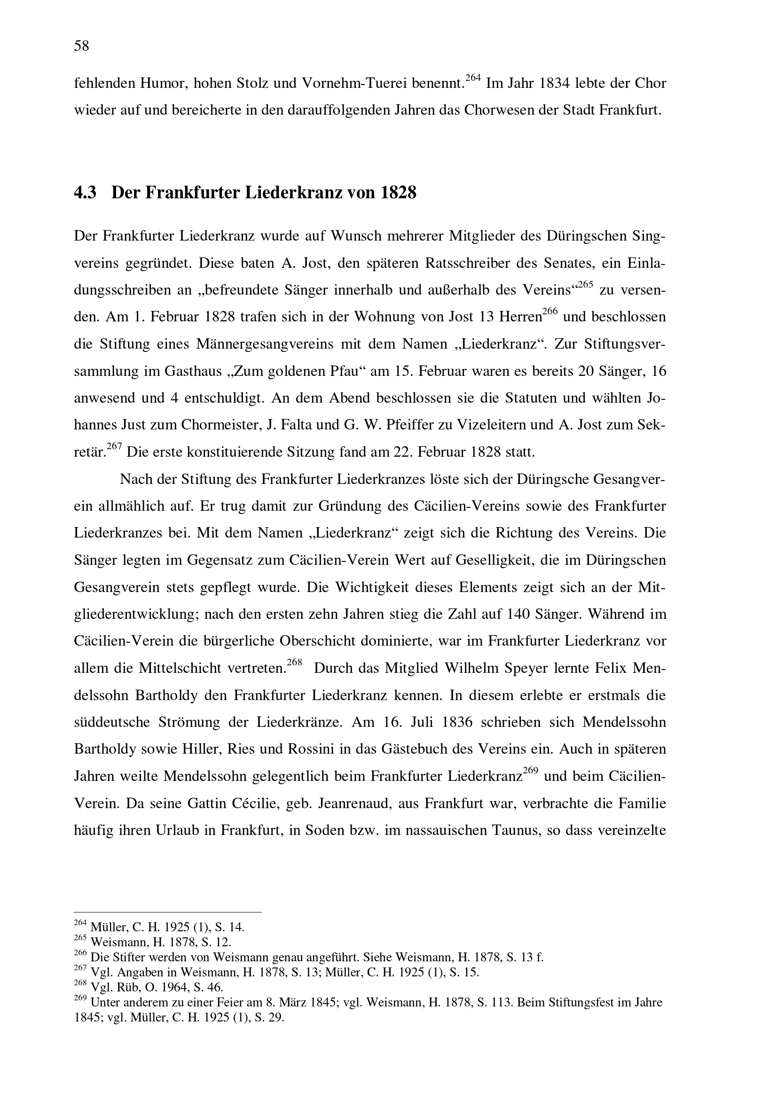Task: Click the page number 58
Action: pyautogui.click(x=81, y=46)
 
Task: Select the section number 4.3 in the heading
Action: pyautogui.click(x=85, y=193)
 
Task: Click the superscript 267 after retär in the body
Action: pyautogui.click(x=114, y=447)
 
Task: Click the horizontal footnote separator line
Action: pyautogui.click(x=167, y=912)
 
